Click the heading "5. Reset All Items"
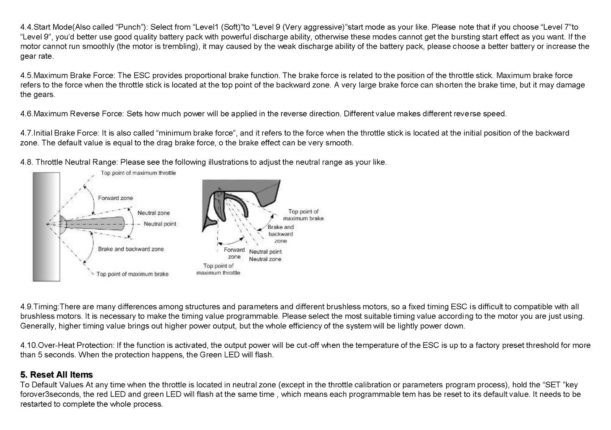[57, 374]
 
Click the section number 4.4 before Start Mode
[27, 27]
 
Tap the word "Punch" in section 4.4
[129, 27]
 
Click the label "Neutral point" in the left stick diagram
[160, 224]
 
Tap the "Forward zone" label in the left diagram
[115, 198]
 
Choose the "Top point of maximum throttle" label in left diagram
[138, 173]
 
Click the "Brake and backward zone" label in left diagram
[131, 249]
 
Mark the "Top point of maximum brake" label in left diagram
[132, 274]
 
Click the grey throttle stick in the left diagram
[95, 224]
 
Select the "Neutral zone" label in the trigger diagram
[265, 259]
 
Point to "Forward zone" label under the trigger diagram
[234, 253]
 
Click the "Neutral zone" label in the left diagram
[154, 213]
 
